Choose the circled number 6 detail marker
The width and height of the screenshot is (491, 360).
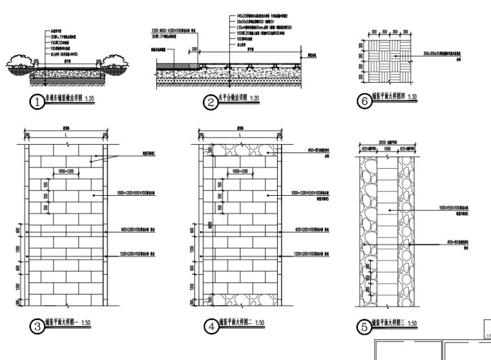(x=364, y=101)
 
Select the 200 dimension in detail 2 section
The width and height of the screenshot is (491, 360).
(x=194, y=48)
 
